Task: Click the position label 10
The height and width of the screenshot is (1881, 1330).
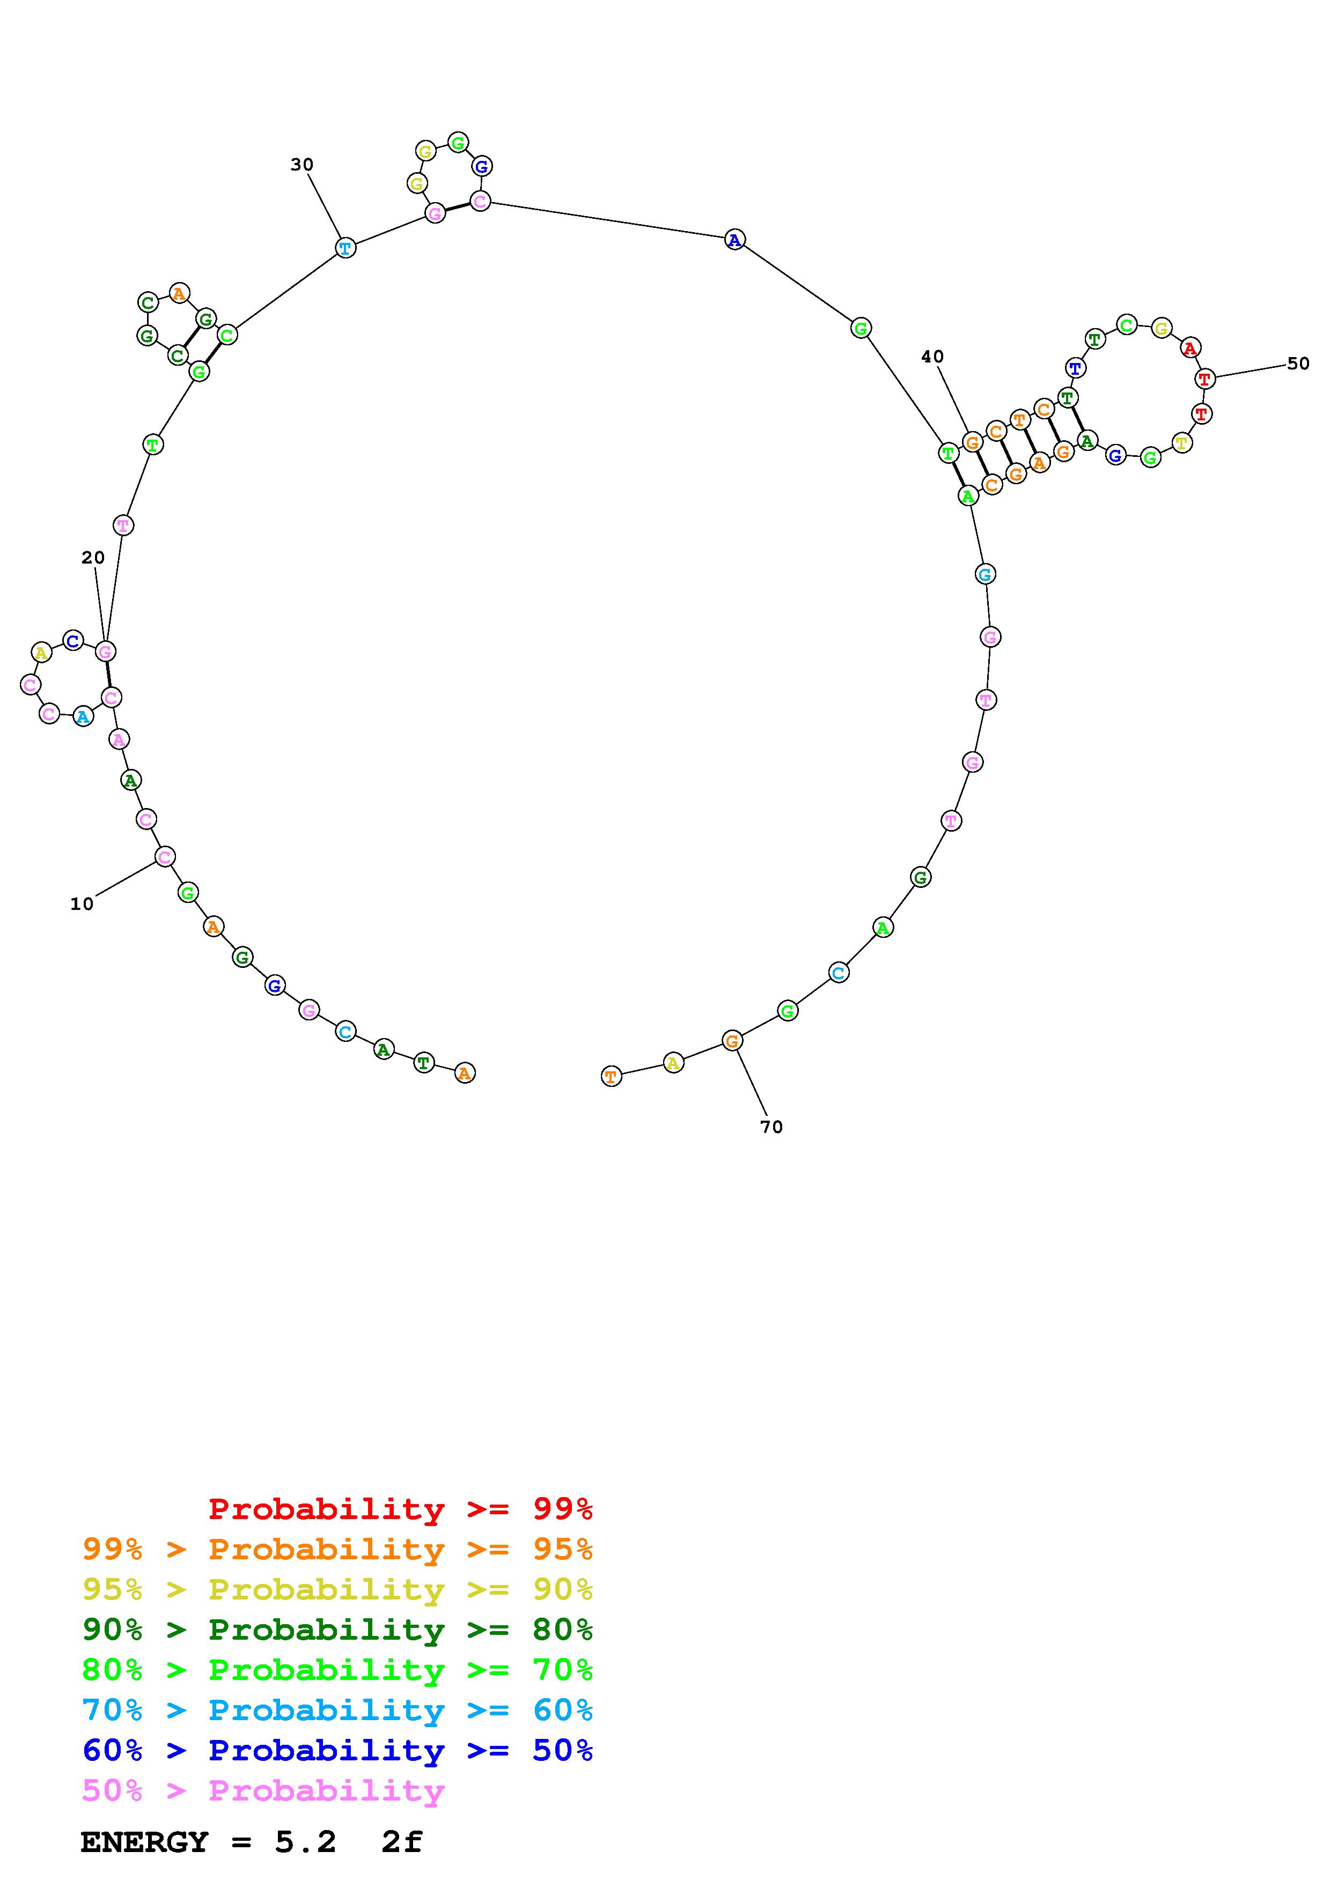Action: tap(82, 904)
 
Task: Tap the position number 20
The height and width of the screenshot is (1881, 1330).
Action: tap(93, 558)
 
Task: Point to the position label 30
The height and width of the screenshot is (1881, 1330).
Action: tap(303, 165)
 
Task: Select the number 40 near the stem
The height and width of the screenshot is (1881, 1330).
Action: tap(932, 357)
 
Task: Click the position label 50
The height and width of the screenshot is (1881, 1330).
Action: tap(1298, 364)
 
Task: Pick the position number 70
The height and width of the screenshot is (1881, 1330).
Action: tap(772, 1127)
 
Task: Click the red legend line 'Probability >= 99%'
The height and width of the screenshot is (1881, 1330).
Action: tap(401, 1509)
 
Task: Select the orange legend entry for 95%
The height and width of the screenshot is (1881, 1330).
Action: tap(337, 1549)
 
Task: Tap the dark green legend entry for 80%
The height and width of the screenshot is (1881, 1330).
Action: tap(337, 1630)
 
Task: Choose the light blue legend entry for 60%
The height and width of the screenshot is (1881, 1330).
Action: tap(337, 1710)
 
